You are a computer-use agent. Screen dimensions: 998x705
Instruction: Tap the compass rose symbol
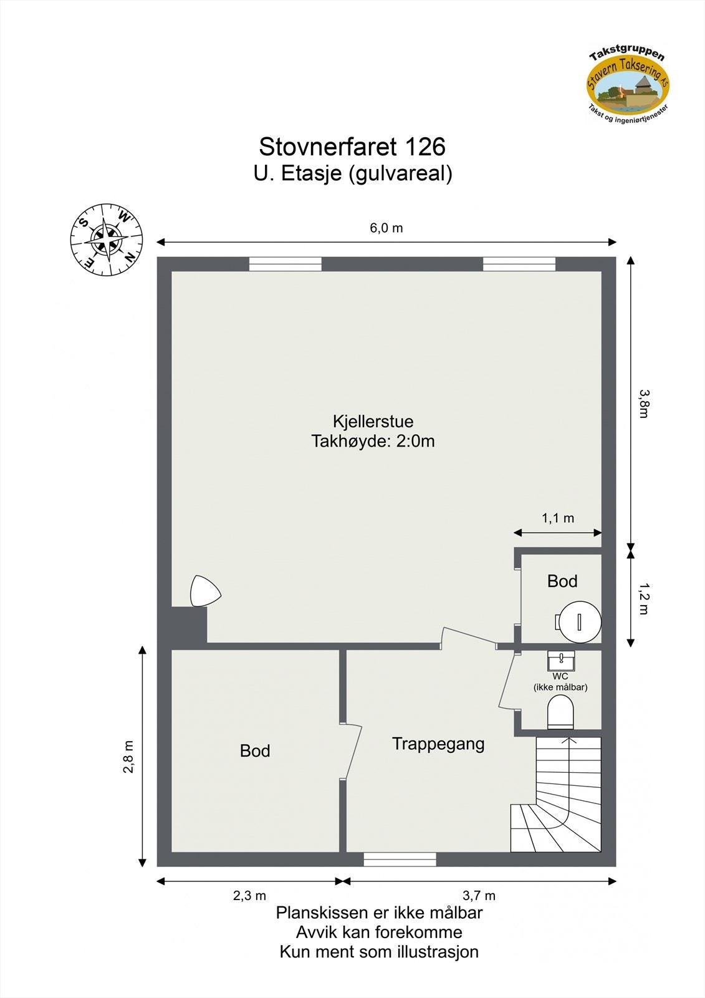point(107,240)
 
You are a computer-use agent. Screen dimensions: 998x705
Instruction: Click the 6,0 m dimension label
point(386,228)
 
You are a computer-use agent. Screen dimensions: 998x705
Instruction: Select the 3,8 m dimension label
point(645,404)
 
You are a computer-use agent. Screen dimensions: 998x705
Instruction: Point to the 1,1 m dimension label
point(558,518)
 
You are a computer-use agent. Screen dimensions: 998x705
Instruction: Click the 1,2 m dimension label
point(645,599)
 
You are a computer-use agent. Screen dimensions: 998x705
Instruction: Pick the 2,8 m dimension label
point(128,757)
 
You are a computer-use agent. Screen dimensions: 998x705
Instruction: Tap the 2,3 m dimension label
point(249,896)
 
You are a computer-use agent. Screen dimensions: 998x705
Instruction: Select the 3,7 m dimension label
point(479,896)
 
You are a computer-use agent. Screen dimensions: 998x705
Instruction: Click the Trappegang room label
point(438,744)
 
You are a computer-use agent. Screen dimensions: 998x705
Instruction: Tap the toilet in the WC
point(560,712)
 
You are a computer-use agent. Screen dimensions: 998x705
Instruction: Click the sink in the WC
point(561,659)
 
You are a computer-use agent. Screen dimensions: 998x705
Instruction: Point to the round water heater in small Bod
point(580,621)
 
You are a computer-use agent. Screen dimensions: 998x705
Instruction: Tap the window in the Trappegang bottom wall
point(400,860)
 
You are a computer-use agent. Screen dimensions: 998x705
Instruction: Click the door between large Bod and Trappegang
point(352,752)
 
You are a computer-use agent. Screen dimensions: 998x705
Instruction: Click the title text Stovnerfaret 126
point(352,147)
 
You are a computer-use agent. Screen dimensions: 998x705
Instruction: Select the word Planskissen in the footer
point(320,913)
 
